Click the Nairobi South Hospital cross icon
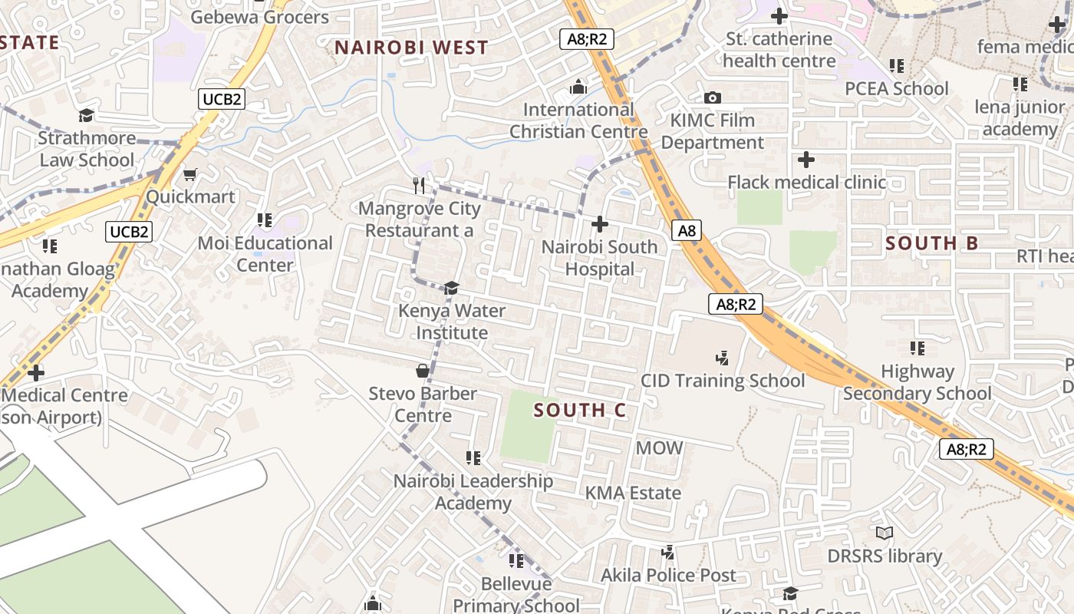(x=600, y=224)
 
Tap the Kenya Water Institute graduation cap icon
(x=451, y=288)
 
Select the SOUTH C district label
(x=580, y=411)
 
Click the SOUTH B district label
(x=932, y=243)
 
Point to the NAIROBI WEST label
(x=411, y=48)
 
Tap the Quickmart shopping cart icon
(x=189, y=174)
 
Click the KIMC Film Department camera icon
(x=713, y=97)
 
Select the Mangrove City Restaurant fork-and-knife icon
(x=419, y=185)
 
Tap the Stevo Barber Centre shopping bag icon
(x=422, y=371)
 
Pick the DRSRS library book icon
(x=884, y=533)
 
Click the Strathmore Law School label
(x=87, y=149)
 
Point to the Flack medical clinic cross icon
(x=805, y=160)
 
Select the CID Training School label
(x=723, y=381)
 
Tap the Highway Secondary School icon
(x=917, y=348)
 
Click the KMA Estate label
(x=633, y=493)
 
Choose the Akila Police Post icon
(x=668, y=552)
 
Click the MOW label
(x=659, y=447)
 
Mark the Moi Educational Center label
(x=265, y=254)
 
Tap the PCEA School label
(x=896, y=88)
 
